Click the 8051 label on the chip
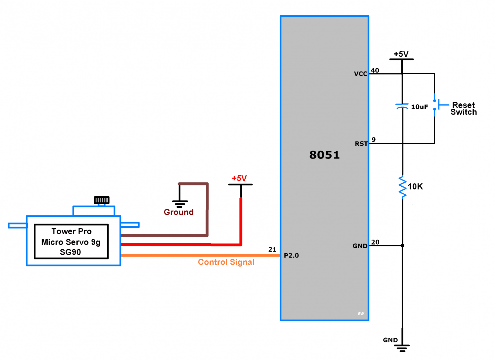[324, 155]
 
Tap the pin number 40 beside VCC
[375, 70]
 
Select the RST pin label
[361, 144]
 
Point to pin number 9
[374, 139]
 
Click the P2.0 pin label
[291, 255]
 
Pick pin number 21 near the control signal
[272, 249]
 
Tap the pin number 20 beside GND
[375, 242]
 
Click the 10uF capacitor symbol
[402, 106]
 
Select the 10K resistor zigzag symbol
[402, 187]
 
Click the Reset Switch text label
[463, 108]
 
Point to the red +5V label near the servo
[239, 178]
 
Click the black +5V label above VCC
[401, 54]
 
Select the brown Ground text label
[179, 212]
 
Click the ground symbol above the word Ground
[180, 203]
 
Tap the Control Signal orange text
[226, 262]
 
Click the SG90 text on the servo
[70, 252]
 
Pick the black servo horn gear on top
[101, 200]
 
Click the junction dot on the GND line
[402, 245]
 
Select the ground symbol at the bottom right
[402, 348]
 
